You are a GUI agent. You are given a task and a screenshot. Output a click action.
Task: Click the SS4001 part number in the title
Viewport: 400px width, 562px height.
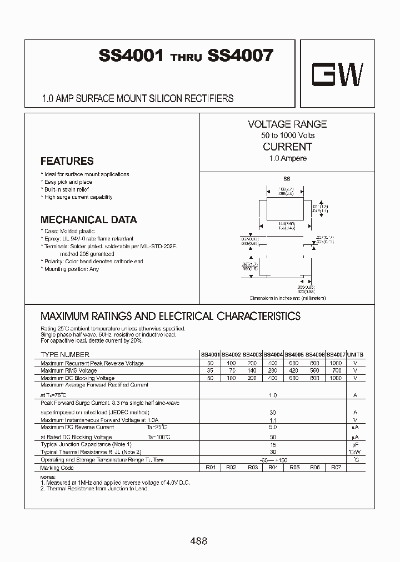tap(131, 56)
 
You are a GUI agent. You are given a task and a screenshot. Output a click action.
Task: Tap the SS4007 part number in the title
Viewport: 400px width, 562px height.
tap(240, 56)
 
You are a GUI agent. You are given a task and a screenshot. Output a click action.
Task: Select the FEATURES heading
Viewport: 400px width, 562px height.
tap(67, 161)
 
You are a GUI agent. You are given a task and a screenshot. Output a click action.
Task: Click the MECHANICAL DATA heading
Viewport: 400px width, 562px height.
tap(89, 219)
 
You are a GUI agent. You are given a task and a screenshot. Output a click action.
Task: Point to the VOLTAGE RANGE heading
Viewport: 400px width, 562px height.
tap(287, 124)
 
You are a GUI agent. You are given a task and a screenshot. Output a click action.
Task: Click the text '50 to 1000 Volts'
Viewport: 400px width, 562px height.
tap(288, 136)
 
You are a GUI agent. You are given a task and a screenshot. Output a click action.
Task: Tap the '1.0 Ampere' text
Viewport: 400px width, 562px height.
tap(288, 158)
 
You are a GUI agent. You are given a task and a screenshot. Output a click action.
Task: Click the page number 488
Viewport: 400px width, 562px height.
tap(199, 540)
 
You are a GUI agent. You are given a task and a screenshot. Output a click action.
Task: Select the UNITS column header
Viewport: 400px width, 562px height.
tap(355, 354)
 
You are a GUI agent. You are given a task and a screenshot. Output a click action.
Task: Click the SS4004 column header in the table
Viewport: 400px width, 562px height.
tap(273, 354)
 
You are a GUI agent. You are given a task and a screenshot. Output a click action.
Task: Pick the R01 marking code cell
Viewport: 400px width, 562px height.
tap(210, 468)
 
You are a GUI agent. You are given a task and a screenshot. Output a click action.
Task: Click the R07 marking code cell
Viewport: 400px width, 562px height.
tap(336, 468)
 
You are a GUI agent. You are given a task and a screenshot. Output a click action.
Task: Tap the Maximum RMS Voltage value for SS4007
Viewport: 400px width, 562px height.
tap(336, 370)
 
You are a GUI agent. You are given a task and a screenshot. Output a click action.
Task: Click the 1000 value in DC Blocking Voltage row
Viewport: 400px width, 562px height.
tap(336, 378)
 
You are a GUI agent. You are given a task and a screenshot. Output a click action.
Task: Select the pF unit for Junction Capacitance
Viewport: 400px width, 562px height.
tap(355, 445)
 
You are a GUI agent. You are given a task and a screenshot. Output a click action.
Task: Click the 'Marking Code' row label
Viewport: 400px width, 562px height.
tap(57, 468)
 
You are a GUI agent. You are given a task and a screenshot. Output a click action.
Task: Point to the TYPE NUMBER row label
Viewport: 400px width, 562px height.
tap(65, 354)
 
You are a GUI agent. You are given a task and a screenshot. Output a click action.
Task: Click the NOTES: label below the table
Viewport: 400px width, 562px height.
tap(48, 478)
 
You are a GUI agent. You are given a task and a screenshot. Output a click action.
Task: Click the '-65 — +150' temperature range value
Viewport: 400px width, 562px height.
tap(273, 460)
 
